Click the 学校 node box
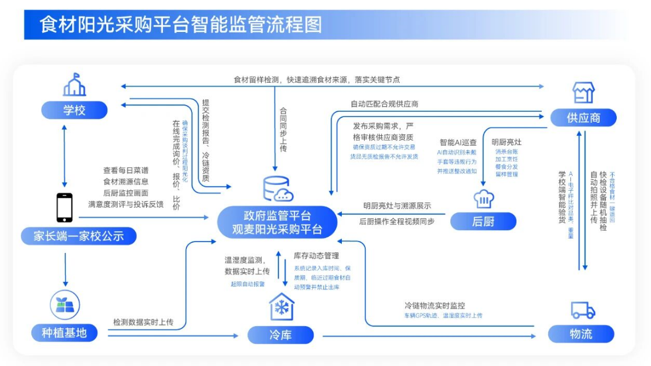[x=74, y=110]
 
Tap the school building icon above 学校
[x=74, y=85]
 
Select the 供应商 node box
[x=583, y=118]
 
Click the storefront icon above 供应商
[x=583, y=92]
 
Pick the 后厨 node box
[x=483, y=221]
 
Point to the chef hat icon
[x=483, y=198]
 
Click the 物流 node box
[x=581, y=334]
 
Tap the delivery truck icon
[x=582, y=310]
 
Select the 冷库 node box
[x=281, y=335]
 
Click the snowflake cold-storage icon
[x=281, y=307]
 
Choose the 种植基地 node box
[x=64, y=333]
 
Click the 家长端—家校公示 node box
[x=78, y=236]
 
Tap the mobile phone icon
[x=65, y=207]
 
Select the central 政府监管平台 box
[x=277, y=222]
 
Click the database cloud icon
[x=277, y=189]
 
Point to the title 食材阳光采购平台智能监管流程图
[x=181, y=25]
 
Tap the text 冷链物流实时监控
[x=434, y=305]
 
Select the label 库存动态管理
[x=317, y=256]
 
